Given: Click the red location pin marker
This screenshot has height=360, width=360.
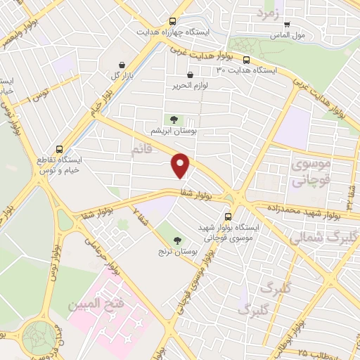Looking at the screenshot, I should [x=181, y=165].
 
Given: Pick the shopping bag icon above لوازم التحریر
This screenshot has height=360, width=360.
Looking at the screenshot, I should [x=190, y=75].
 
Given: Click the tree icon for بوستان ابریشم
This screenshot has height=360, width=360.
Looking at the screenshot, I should [x=172, y=119].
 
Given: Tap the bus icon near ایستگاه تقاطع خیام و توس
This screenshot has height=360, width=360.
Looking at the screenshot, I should [x=59, y=149].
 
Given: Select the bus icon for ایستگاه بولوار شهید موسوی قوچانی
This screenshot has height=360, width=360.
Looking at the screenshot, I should [x=227, y=217].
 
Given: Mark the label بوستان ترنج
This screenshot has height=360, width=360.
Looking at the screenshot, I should [x=177, y=251].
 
